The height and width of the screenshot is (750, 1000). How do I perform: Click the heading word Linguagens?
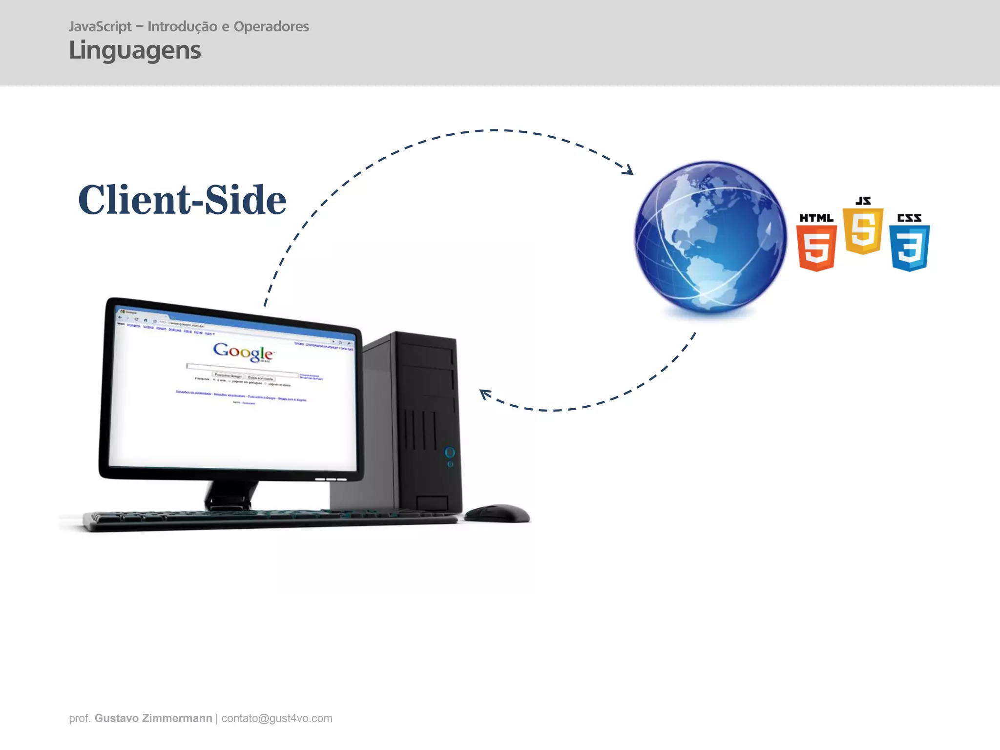[135, 51]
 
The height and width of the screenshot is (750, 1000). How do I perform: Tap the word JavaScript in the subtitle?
[100, 26]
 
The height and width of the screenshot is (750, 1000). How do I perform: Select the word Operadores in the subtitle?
[271, 26]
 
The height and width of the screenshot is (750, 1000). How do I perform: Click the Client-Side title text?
[182, 200]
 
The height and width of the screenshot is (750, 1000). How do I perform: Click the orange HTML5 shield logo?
[816, 247]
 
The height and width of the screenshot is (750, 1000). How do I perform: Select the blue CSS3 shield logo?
[909, 247]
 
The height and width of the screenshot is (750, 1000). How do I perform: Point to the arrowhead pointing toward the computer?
[484, 394]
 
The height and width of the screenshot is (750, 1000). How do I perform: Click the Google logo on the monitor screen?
[243, 351]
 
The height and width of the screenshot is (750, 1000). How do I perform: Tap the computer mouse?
[497, 513]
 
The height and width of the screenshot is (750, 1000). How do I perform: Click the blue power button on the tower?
[450, 453]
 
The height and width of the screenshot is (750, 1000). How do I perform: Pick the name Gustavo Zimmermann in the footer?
[153, 718]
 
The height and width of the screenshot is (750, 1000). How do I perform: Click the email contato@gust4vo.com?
[277, 718]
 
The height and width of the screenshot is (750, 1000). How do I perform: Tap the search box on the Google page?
[242, 369]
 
